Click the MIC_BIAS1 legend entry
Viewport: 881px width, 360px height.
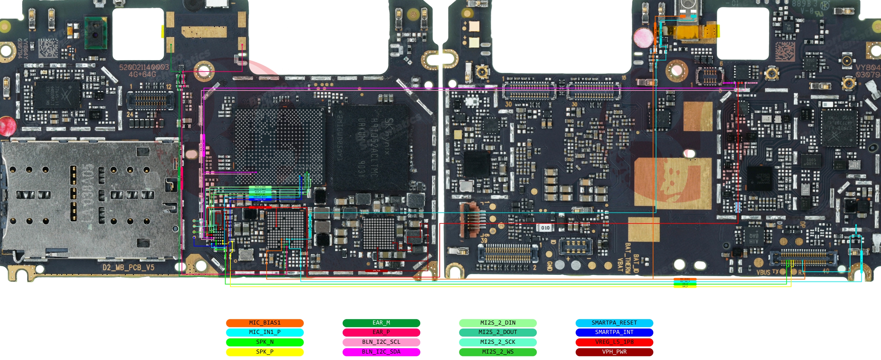pos(264,323)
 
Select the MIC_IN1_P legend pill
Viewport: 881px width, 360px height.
pos(264,332)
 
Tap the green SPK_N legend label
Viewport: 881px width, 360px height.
pos(264,342)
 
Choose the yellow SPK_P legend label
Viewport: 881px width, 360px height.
pos(264,352)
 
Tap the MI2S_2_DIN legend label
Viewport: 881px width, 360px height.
pos(498,323)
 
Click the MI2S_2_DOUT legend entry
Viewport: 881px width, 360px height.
pos(498,332)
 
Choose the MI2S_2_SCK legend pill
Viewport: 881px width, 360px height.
pos(498,342)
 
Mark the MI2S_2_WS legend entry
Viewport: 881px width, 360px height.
pos(498,352)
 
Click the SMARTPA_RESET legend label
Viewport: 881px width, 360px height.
pos(614,323)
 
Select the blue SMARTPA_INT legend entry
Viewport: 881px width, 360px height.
pos(614,332)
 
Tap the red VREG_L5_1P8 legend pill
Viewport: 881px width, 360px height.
pos(614,342)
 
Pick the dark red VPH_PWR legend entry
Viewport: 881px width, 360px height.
pos(614,352)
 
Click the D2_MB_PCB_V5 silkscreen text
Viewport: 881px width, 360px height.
pos(128,267)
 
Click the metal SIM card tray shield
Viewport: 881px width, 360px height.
pos(91,198)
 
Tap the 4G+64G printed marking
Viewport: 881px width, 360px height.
pos(142,74)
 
